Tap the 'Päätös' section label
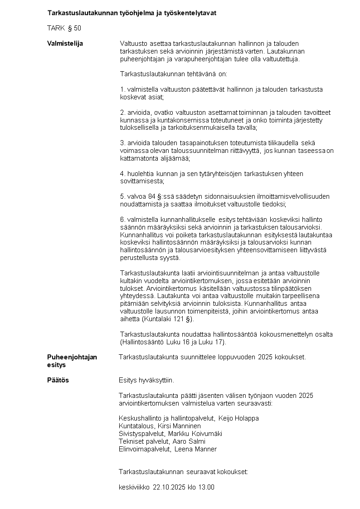(x=58, y=380)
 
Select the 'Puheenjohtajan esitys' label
(x=72, y=361)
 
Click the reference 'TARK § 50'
(x=64, y=28)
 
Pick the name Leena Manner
(x=196, y=449)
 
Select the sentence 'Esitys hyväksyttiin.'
(x=146, y=380)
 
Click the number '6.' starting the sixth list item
(x=122, y=220)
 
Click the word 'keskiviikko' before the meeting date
(x=134, y=487)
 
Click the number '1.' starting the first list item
(x=122, y=89)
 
